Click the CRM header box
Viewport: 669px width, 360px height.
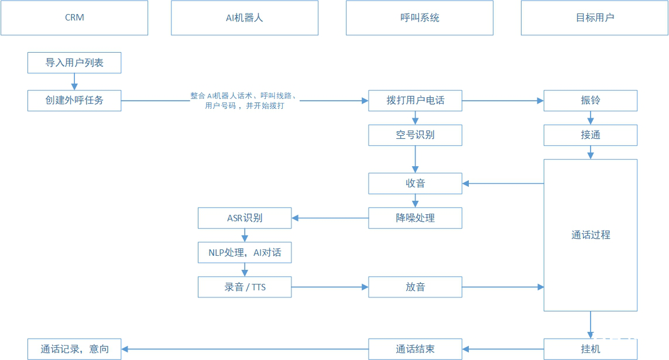[74, 18]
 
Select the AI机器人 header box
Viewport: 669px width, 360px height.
[245, 18]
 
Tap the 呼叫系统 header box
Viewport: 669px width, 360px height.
[420, 18]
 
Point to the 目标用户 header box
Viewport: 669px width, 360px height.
[594, 18]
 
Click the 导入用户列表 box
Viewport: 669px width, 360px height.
[74, 63]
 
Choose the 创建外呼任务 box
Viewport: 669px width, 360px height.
[74, 101]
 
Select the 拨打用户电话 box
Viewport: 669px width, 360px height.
[415, 101]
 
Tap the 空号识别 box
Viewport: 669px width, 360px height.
[415, 135]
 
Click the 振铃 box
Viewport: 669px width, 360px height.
[591, 101]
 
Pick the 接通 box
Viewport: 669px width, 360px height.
[591, 135]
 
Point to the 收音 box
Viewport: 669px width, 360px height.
[415, 183]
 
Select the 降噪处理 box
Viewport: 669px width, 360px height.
[415, 218]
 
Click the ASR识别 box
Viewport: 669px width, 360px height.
[245, 218]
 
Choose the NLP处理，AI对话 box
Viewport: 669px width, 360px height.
[245, 252]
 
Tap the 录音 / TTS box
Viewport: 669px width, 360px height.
[245, 287]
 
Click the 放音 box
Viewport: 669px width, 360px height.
[415, 287]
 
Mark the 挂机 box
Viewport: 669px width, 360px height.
[591, 349]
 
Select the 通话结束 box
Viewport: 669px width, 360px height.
[415, 349]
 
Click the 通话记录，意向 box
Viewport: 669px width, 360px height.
[74, 349]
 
